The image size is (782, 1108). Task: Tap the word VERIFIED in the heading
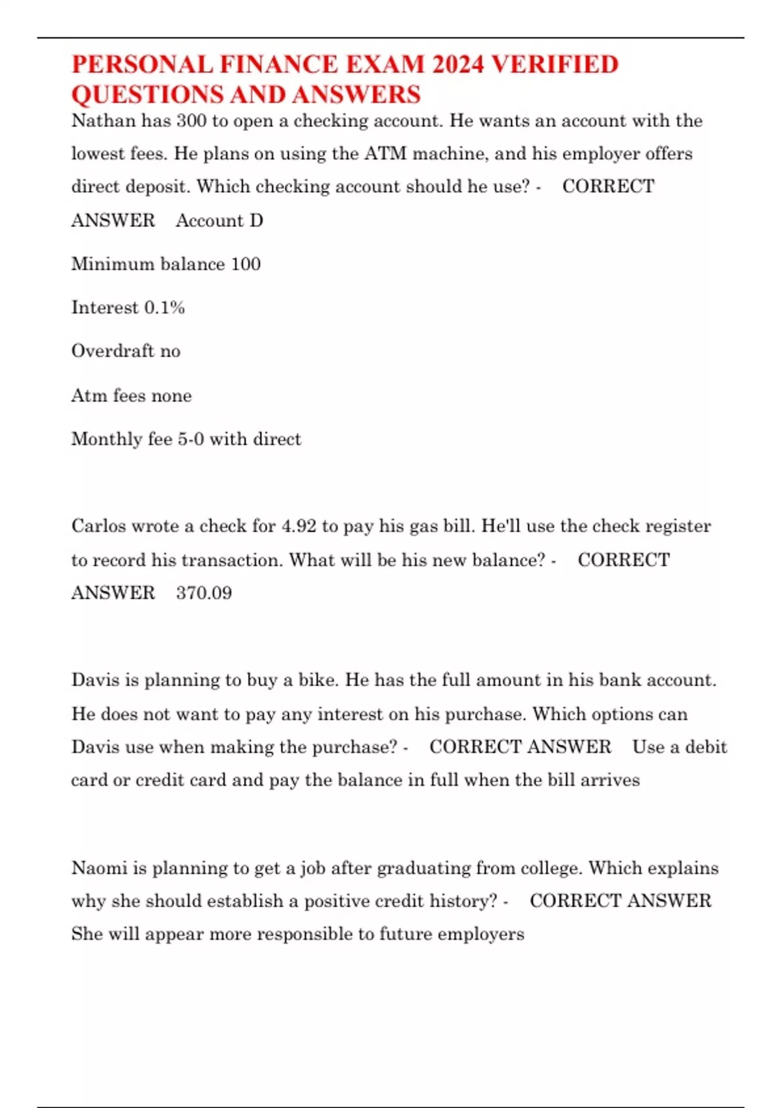coord(555,65)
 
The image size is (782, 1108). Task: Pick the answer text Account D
coord(220,220)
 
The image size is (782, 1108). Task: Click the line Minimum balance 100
coord(166,264)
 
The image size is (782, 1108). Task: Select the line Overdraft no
coord(126,351)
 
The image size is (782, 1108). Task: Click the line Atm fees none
coord(132,396)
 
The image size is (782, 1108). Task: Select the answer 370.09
coord(204,593)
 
